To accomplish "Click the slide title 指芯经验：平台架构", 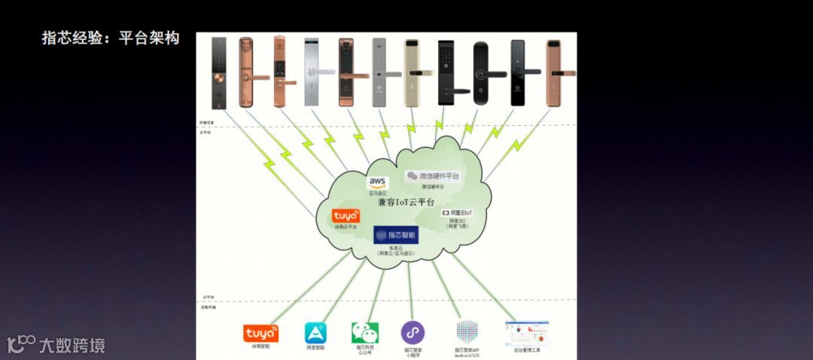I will point(110,38).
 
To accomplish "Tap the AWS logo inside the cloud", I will point(377,182).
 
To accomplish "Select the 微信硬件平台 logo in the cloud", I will point(433,175).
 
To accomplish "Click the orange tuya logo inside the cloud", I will point(346,216).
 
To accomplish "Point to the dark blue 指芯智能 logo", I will point(397,235).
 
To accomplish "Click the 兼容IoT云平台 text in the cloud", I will point(406,203).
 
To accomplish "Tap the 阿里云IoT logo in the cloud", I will point(457,214).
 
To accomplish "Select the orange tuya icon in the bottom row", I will point(260,333).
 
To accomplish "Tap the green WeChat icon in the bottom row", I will point(364,332).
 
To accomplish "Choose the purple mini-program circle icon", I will point(413,332).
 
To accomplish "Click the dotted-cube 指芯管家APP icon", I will point(467,332).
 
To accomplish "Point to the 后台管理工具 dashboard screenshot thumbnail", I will point(526,332).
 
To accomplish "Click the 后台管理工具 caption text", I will point(526,350).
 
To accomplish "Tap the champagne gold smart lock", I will point(413,73).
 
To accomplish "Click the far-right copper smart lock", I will point(553,72).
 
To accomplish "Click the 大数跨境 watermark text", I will point(72,346).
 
